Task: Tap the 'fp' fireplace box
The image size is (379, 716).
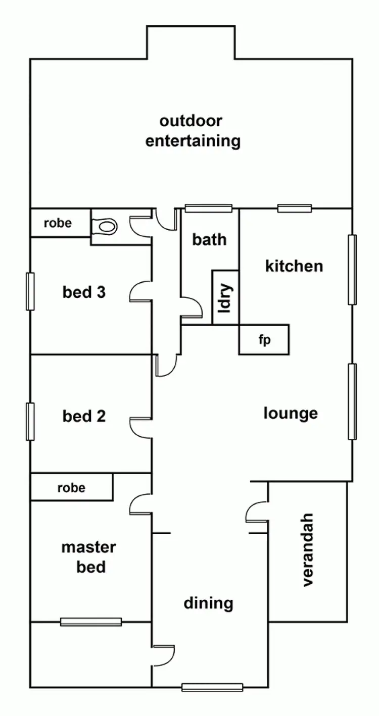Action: pyautogui.click(x=264, y=340)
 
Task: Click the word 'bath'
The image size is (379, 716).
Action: pyautogui.click(x=209, y=239)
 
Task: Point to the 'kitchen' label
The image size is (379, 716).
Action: pyautogui.click(x=294, y=266)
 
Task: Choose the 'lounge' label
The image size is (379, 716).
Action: pyautogui.click(x=291, y=413)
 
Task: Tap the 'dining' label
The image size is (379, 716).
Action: pyautogui.click(x=208, y=602)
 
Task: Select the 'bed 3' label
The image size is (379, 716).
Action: pyautogui.click(x=84, y=292)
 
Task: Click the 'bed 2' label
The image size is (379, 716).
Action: pyautogui.click(x=84, y=416)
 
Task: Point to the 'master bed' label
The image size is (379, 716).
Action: pyautogui.click(x=89, y=557)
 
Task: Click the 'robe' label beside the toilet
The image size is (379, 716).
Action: pyautogui.click(x=58, y=223)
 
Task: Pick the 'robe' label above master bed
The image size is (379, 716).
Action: pyautogui.click(x=71, y=488)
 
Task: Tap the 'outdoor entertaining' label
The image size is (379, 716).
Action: pyautogui.click(x=193, y=131)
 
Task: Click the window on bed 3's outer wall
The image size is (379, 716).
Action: pyautogui.click(x=30, y=291)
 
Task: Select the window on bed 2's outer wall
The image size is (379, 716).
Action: pyautogui.click(x=30, y=422)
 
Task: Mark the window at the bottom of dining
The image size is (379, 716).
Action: pyautogui.click(x=212, y=687)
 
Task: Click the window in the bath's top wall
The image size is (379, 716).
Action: pyautogui.click(x=208, y=208)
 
